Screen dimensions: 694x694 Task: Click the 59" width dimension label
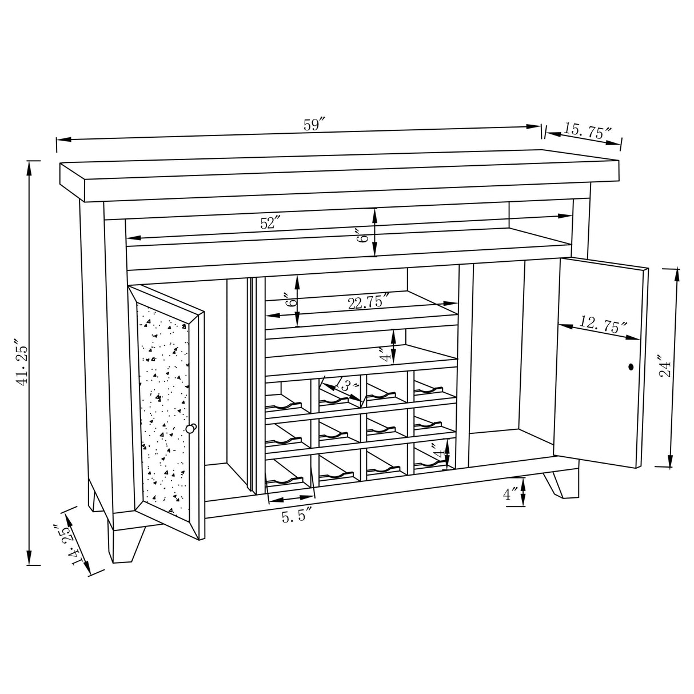click(314, 125)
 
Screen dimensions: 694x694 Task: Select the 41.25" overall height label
click(22, 364)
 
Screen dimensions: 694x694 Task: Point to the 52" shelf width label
click(269, 223)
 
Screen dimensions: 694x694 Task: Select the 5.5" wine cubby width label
click(296, 517)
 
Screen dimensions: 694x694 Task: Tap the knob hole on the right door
click(631, 367)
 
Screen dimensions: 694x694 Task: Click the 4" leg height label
click(510, 494)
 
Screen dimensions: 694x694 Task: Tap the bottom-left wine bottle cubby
click(289, 473)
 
